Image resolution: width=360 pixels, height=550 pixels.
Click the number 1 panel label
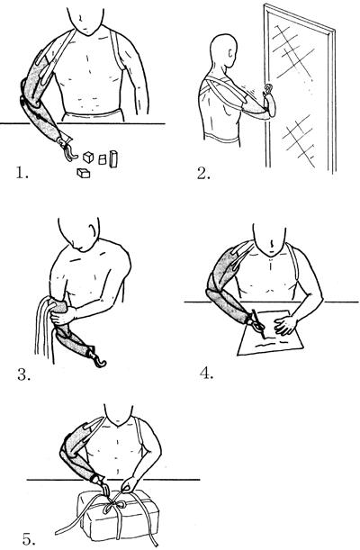22,173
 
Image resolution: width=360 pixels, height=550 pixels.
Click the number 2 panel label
203,173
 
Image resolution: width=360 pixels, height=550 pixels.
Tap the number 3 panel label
23,374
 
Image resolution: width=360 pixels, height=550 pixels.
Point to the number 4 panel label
206,373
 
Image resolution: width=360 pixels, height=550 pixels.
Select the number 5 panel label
29,539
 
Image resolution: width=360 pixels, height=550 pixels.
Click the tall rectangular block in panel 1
113,159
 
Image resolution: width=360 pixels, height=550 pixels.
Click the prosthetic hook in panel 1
69,150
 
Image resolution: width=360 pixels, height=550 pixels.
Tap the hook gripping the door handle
269,91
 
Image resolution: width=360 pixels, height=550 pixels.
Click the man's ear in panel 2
229,53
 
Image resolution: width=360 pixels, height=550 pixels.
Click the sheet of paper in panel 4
270,331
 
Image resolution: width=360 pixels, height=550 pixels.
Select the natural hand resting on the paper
285,324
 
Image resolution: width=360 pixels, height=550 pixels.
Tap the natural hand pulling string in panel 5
129,485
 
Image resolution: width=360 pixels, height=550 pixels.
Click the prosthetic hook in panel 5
105,488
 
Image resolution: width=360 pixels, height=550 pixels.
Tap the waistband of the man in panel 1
93,115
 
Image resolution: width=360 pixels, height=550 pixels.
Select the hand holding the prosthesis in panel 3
62,316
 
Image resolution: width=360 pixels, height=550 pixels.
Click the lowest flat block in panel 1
84,173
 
